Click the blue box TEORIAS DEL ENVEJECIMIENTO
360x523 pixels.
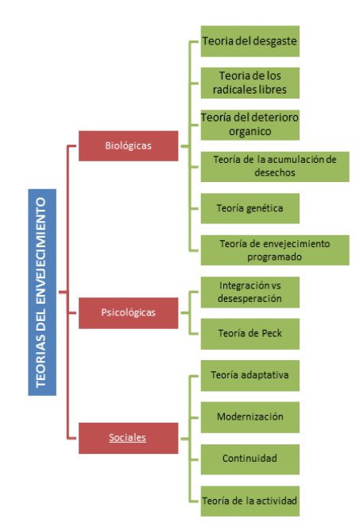[42, 292]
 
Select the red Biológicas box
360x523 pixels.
[129, 145]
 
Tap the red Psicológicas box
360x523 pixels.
[129, 313]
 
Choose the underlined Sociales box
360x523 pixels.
[129, 438]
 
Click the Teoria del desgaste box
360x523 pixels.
[250, 41]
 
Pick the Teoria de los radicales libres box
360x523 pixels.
[250, 83]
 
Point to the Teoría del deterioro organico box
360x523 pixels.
[250, 125]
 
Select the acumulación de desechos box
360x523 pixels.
[275, 167]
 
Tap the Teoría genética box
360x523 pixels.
[250, 208]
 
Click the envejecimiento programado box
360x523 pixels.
[275, 250]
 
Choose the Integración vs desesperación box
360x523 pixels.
[250, 292]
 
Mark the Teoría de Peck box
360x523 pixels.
[250, 334]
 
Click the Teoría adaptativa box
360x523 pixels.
[250, 376]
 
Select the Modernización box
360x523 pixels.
[250, 417]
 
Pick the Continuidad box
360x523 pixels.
[250, 459]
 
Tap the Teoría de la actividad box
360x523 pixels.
[250, 501]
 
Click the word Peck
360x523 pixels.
[272, 333]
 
